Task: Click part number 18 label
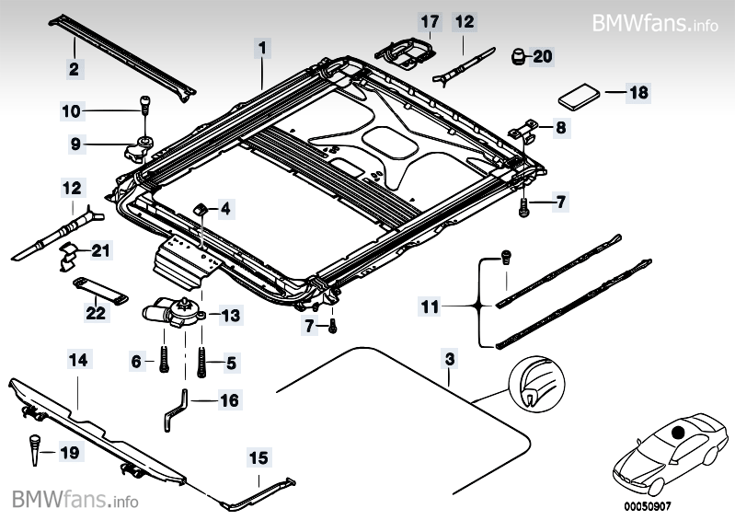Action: tap(638, 92)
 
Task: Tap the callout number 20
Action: tap(543, 56)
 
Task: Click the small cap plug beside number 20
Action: tap(517, 57)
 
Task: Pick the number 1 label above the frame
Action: tap(261, 46)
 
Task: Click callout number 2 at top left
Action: tap(73, 67)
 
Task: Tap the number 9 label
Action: tap(75, 143)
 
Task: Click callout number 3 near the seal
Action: tap(449, 358)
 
